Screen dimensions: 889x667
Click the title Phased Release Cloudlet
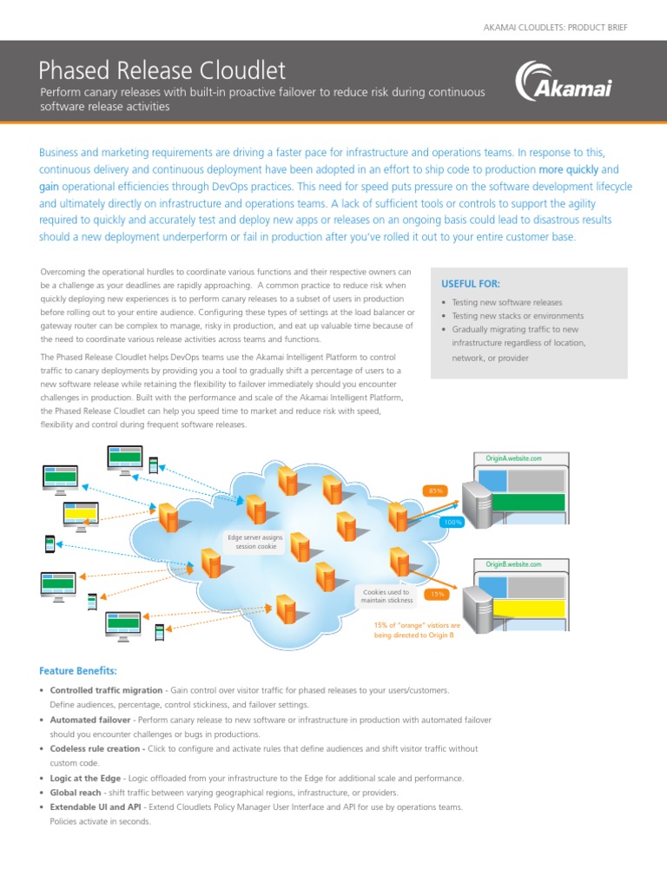tap(163, 69)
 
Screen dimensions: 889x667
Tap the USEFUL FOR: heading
tap(471, 284)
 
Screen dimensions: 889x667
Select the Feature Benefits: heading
tap(78, 671)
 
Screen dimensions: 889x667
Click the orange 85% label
tap(435, 491)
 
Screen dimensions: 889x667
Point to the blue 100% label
tap(452, 522)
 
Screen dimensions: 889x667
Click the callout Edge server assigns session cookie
tap(254, 543)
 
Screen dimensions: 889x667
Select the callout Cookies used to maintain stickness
tap(386, 596)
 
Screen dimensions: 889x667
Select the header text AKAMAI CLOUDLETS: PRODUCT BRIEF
tap(555, 28)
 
